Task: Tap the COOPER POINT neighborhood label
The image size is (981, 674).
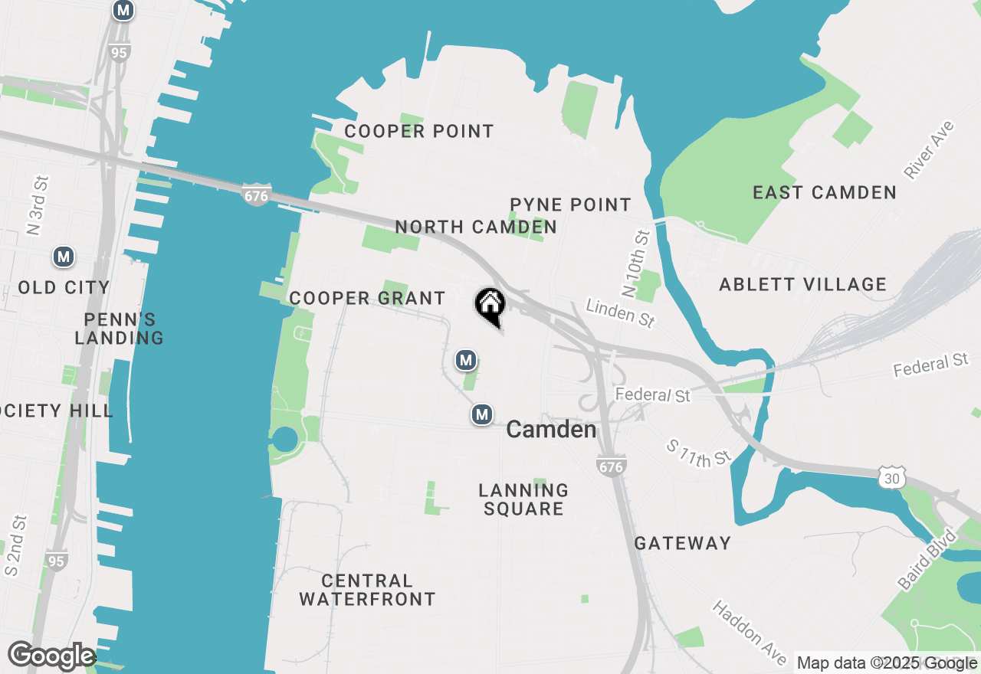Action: pos(418,131)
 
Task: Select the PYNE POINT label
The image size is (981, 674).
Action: pos(570,204)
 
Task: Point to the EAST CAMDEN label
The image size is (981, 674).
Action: pos(825,192)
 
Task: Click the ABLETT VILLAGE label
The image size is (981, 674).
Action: pos(802,285)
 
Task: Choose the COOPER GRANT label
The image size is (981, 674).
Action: pos(367,298)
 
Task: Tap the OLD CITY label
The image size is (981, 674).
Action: pos(64,287)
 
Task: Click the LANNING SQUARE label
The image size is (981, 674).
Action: pos(523,499)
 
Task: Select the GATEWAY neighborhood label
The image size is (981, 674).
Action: pos(683,543)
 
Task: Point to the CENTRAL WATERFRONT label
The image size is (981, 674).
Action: pos(367,590)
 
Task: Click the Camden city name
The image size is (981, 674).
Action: pos(551,430)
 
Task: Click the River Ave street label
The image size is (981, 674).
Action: pos(929,150)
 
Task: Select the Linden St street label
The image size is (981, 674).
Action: pos(620,313)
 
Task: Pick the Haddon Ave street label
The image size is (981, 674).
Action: pos(750,633)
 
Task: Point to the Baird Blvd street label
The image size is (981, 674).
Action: pos(927,558)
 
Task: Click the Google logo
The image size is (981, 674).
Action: pos(51,656)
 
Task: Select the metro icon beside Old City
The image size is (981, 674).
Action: pos(64,257)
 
